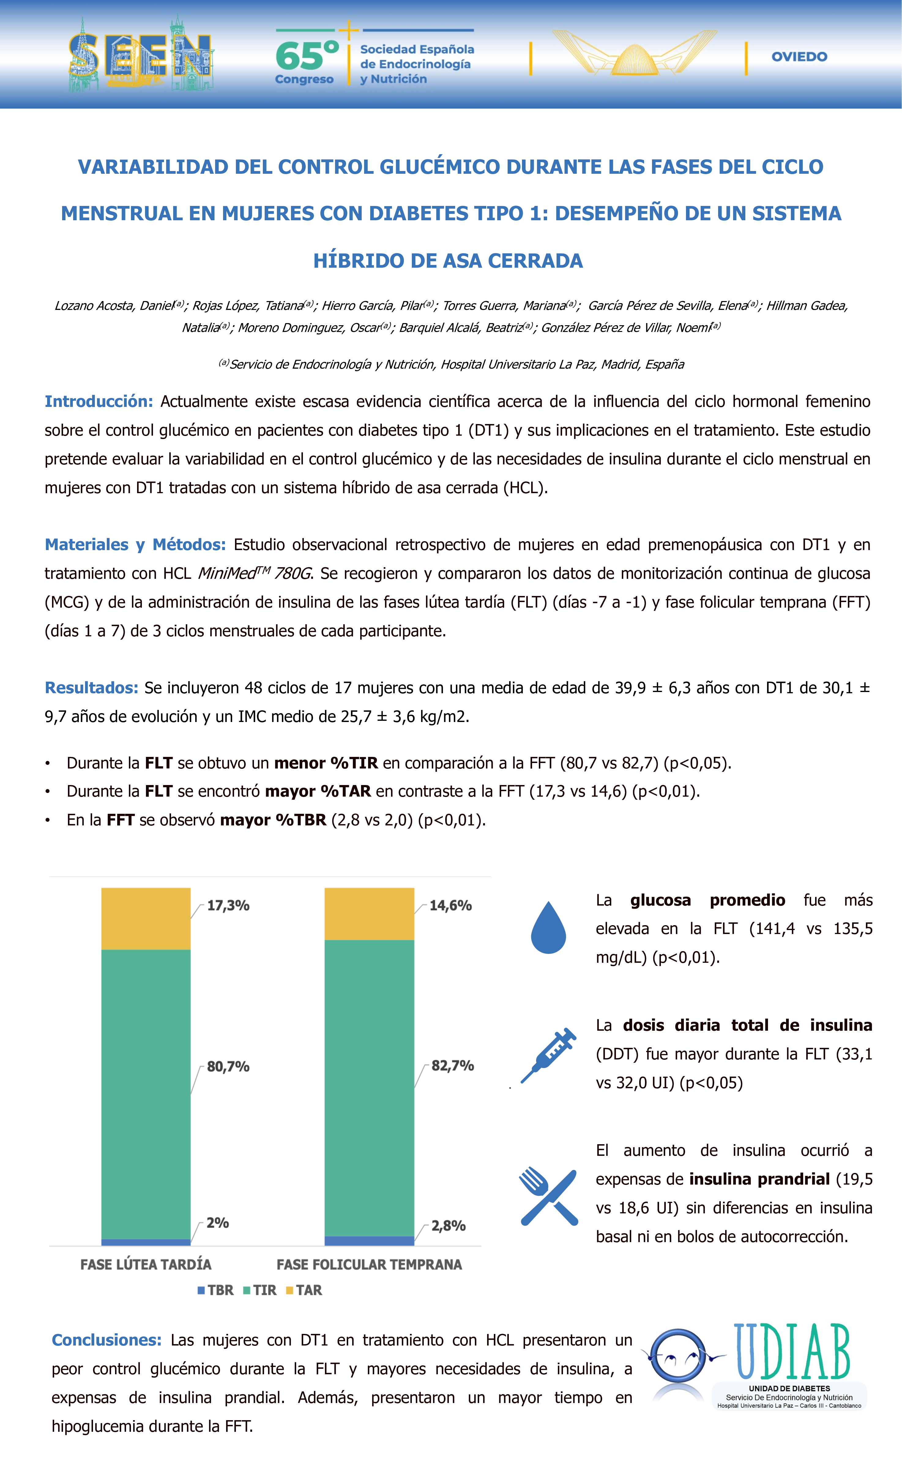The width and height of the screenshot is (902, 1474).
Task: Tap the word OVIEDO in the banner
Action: pyautogui.click(x=799, y=57)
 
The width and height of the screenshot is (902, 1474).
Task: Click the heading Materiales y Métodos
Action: pyautogui.click(x=135, y=544)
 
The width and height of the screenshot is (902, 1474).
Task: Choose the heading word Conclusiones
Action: pyautogui.click(x=106, y=1340)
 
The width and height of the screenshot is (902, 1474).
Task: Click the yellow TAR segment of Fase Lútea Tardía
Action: pyautogui.click(x=146, y=918)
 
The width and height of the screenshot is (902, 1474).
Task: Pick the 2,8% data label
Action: pyautogui.click(x=449, y=1226)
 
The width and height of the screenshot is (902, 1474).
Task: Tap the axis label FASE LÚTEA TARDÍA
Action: pyautogui.click(x=146, y=1265)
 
